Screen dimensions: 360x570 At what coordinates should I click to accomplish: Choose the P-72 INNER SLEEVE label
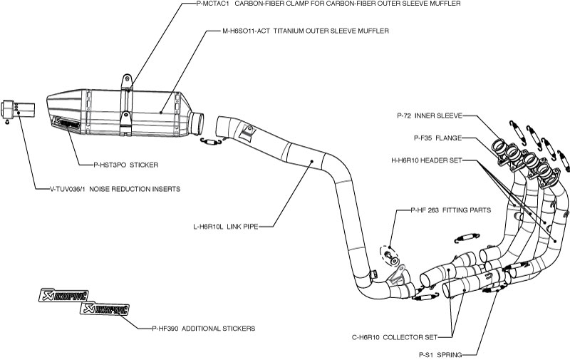(430, 115)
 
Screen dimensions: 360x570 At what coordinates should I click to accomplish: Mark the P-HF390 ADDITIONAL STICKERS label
(203, 329)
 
